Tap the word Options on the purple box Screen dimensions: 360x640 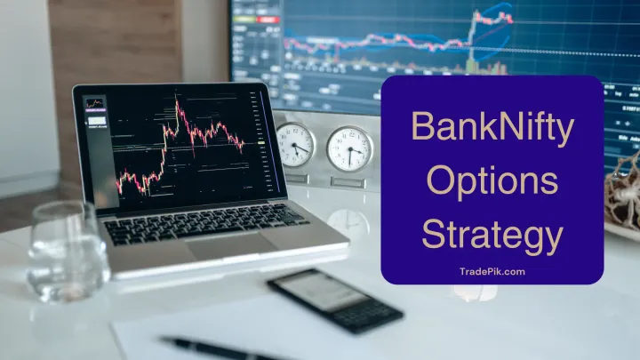[492, 184]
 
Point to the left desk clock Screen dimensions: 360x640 [294, 145]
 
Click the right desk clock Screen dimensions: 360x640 [350, 148]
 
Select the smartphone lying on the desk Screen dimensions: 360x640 [334, 300]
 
